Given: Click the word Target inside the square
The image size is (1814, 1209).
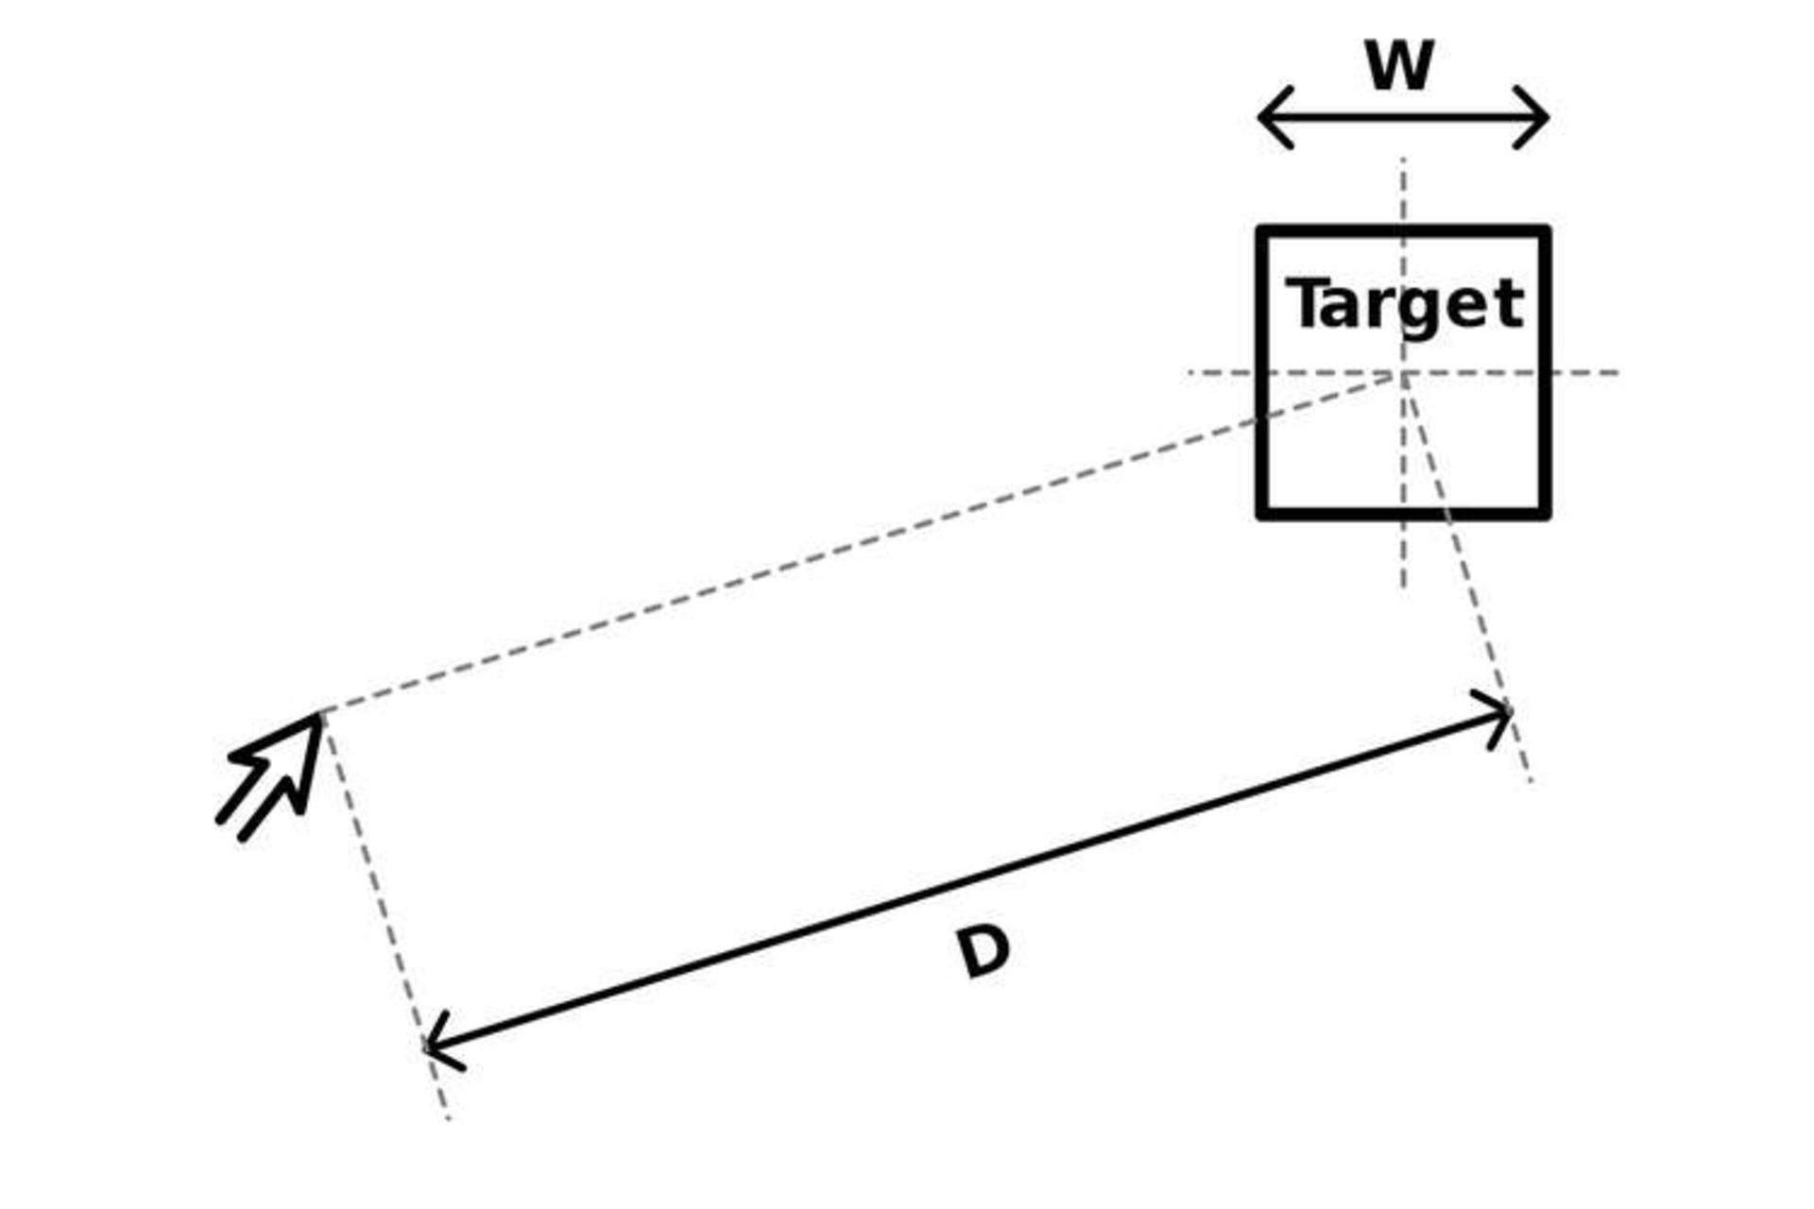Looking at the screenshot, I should [1405, 304].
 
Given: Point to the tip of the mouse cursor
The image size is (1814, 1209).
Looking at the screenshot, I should [319, 716].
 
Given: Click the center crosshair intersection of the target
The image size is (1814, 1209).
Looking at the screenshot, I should [1404, 373].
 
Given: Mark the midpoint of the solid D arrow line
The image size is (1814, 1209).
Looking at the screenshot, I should [969, 879].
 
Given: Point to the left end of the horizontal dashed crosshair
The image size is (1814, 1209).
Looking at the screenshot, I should [1190, 373].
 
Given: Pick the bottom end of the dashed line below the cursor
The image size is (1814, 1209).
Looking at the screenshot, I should [449, 1119].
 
